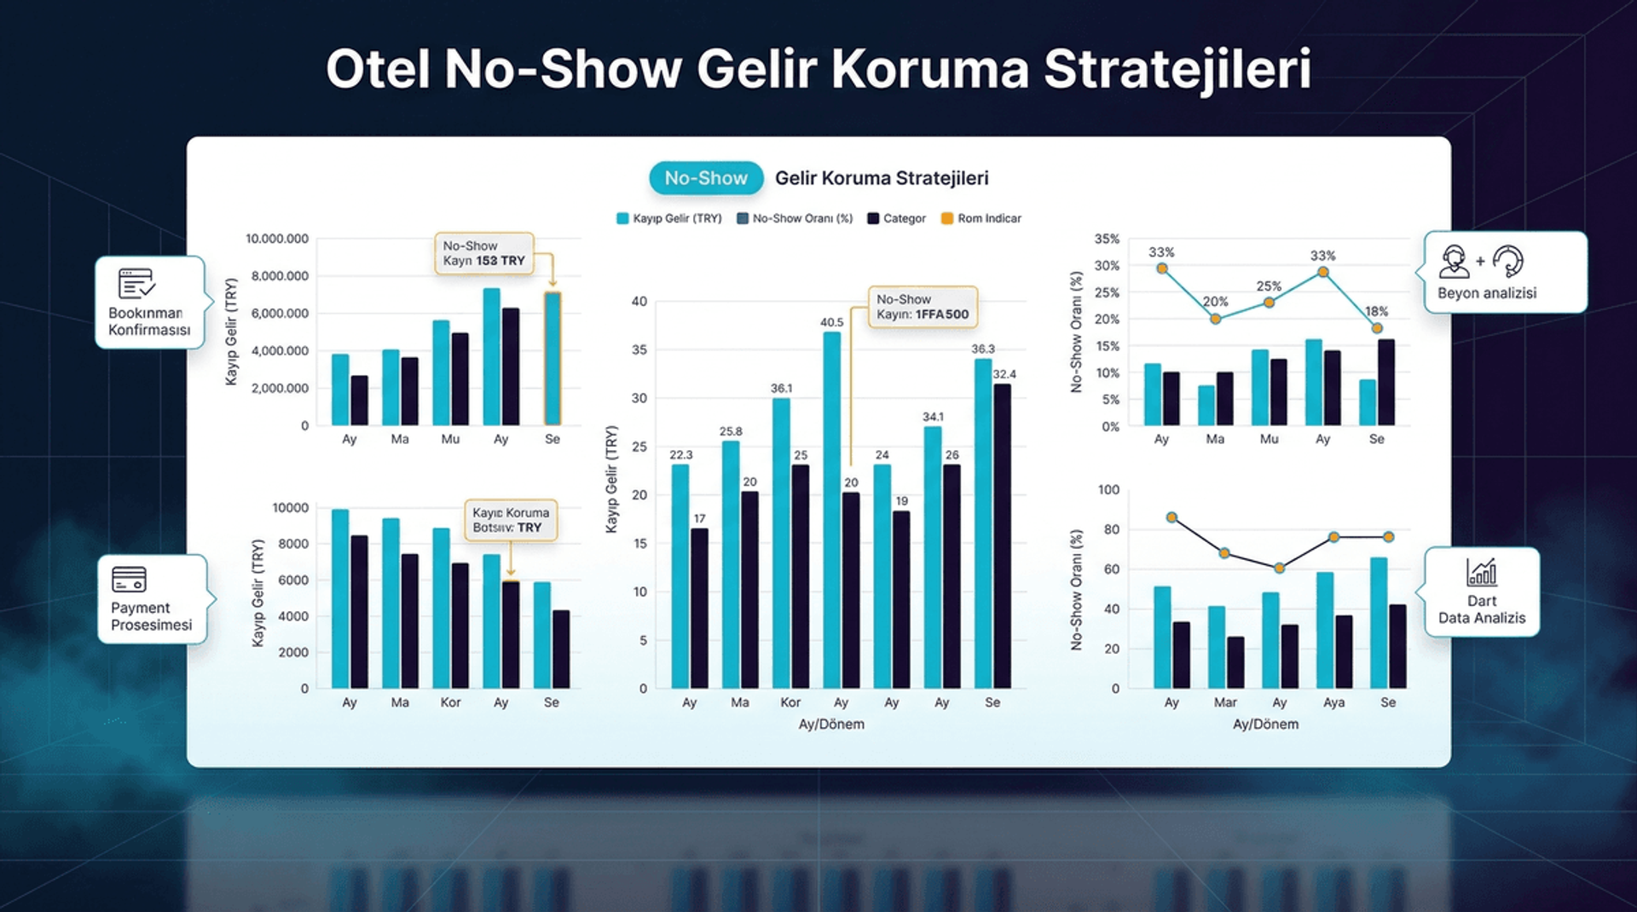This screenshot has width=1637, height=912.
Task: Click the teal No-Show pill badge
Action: pos(706,178)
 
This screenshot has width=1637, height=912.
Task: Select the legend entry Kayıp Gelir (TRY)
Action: pos(669,218)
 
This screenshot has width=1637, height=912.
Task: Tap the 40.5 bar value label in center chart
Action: pos(832,322)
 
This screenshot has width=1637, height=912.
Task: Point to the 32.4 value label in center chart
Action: pos(1004,374)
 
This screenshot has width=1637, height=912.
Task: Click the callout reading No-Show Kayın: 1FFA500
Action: pos(922,307)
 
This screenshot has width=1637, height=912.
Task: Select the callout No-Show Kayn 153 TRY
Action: pos(483,253)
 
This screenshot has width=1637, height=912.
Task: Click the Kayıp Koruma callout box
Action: pos(510,520)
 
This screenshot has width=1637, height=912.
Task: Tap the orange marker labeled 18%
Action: pos(1377,328)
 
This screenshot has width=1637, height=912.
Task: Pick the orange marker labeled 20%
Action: pos(1216,319)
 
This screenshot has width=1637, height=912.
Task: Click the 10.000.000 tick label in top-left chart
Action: pos(277,239)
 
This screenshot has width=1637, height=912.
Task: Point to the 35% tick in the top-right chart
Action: pos(1107,239)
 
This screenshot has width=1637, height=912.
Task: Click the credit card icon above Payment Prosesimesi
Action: pos(129,580)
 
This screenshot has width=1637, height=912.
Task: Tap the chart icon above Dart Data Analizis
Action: pos(1482,572)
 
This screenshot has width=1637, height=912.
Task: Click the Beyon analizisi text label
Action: pos(1487,293)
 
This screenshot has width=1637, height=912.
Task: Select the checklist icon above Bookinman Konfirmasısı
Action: pos(136,283)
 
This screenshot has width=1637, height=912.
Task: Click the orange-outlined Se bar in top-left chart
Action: pos(552,358)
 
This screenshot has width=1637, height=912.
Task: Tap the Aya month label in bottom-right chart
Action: pos(1333,702)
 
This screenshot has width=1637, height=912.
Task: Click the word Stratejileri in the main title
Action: pos(1177,68)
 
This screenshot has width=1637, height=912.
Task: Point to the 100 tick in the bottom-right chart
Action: pos(1108,490)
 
